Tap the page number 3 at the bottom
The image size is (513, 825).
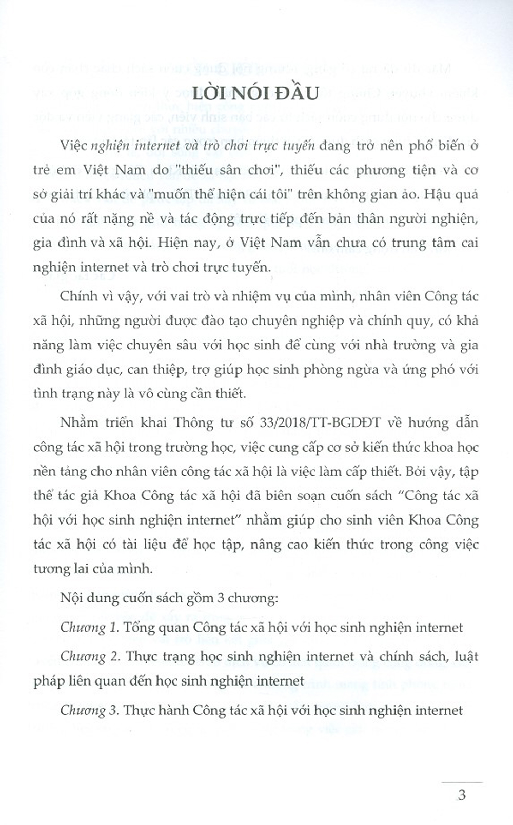point(462,795)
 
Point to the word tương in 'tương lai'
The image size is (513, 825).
point(51,569)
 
